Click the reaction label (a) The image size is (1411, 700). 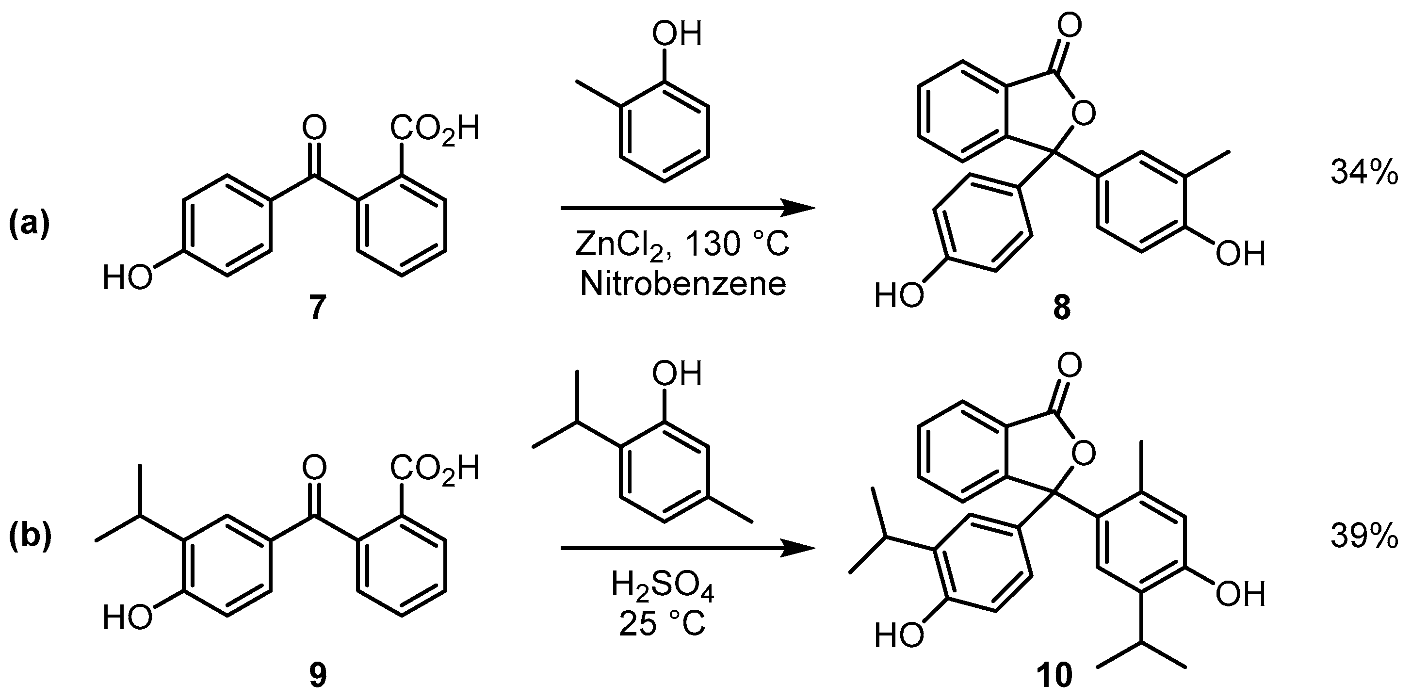point(29,225)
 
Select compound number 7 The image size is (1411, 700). point(317,308)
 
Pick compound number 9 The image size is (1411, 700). point(317,675)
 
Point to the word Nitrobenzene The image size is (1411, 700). point(683,284)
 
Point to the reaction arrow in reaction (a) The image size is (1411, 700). point(687,208)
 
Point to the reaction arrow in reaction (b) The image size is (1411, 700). point(687,548)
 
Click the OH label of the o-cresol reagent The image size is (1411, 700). point(677,34)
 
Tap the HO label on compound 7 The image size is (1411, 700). point(128,277)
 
